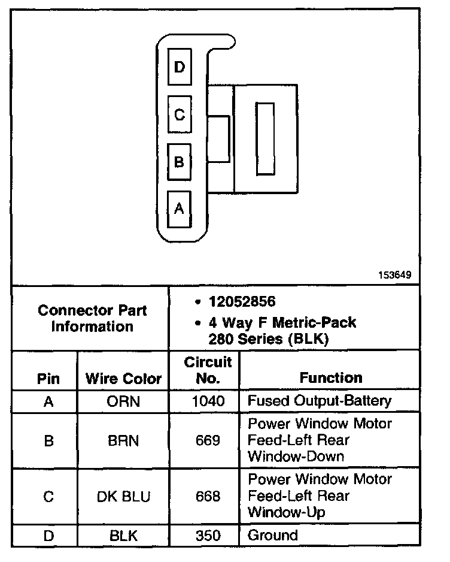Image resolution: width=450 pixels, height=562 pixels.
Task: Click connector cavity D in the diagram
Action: click(180, 67)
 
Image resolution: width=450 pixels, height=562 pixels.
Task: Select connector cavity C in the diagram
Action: click(180, 114)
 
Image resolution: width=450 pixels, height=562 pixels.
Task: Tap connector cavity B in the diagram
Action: click(180, 162)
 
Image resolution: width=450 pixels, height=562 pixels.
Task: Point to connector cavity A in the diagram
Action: click(180, 209)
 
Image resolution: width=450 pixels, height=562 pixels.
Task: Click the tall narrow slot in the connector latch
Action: click(265, 139)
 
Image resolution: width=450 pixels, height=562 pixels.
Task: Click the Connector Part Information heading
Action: click(92, 319)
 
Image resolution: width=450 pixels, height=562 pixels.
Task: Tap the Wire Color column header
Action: click(123, 379)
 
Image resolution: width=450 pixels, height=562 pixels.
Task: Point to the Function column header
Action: click(331, 378)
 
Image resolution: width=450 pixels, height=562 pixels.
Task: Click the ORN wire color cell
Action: click(123, 401)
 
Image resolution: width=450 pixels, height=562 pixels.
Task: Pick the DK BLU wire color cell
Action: click(123, 497)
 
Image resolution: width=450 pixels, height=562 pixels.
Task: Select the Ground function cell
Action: click(272, 536)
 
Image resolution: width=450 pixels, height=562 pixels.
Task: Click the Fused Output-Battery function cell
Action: click(320, 401)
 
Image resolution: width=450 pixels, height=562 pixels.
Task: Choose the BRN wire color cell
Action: click(123, 441)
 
